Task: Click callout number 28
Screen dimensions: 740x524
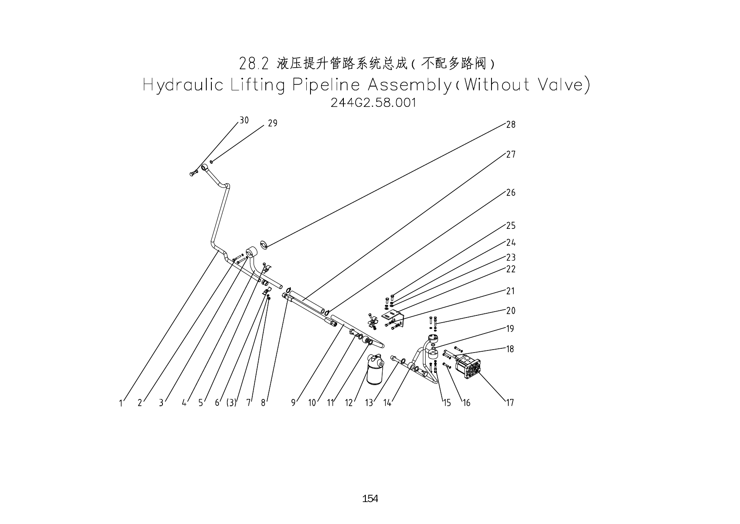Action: [510, 125]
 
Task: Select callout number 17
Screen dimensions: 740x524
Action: [510, 403]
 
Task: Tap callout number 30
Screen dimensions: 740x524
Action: [244, 120]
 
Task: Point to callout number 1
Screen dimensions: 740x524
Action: [121, 403]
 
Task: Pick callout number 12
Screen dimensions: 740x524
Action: [348, 403]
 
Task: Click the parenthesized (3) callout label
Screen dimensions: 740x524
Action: [231, 403]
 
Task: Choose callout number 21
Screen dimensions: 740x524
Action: [510, 291]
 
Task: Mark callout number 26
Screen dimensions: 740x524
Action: [510, 193]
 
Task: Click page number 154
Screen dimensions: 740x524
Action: [370, 499]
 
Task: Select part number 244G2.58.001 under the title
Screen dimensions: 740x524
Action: [373, 103]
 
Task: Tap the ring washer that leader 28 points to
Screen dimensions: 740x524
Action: [264, 244]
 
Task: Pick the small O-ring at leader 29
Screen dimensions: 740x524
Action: [211, 161]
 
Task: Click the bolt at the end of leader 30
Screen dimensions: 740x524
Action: [194, 173]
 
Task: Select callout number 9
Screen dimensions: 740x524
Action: [293, 403]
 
